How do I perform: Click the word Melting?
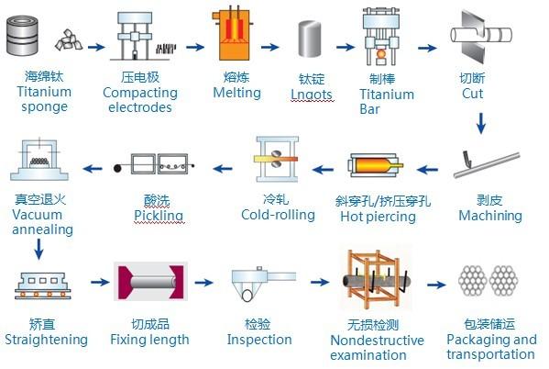pos(237,93)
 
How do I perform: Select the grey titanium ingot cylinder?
pos(309,39)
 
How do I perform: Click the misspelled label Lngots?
pos(312,94)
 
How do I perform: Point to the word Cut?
pos(472,94)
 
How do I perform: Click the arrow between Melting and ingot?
pos(269,47)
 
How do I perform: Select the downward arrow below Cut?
pos(481,123)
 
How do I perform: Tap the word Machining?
pos(490,216)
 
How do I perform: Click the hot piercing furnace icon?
pos(375,165)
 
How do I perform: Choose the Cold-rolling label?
pos(278,215)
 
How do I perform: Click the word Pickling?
pos(159,216)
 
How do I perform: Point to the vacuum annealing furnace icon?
pos(39,160)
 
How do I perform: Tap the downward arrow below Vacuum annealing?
pos(38,250)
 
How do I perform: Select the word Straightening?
pos(46,340)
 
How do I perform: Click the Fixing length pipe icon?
pos(150,282)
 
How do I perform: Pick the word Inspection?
pos(259,340)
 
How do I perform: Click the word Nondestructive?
pos(377,341)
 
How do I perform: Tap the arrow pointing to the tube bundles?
pos(436,285)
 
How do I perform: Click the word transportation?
pos(490,354)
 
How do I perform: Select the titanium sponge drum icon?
pos(22,35)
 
